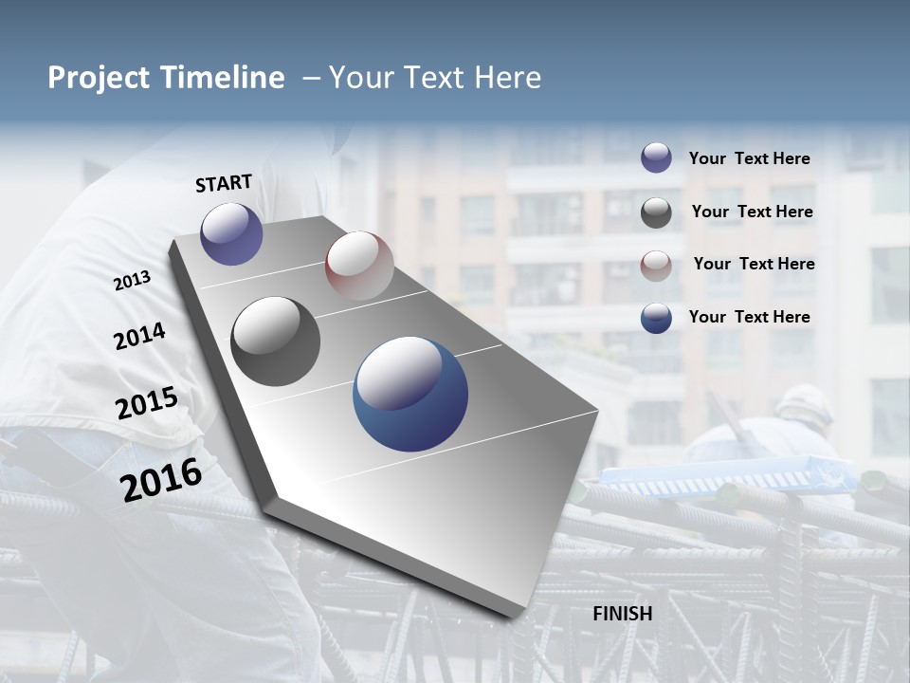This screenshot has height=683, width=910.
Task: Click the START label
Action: pos(224,183)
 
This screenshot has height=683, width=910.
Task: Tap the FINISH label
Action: pos(623,614)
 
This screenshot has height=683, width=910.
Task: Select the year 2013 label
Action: pos(133,281)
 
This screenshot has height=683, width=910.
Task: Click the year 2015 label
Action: pos(147,403)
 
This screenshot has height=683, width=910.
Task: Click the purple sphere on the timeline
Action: pos(231,233)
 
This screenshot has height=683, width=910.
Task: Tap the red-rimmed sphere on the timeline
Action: pos(358,266)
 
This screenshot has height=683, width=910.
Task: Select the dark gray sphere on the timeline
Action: pos(276,341)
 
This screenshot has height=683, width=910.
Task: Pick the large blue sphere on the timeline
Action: pos(410,394)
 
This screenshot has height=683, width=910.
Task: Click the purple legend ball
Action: pos(656,157)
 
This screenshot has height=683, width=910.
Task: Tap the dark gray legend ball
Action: pos(656,212)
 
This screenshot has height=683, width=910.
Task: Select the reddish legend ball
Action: pos(656,266)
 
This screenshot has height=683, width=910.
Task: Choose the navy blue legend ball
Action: pos(656,318)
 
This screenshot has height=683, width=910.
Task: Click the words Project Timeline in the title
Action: pos(166,78)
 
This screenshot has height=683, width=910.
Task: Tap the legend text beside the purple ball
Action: pos(749,159)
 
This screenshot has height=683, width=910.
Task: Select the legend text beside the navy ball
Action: pos(749,317)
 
